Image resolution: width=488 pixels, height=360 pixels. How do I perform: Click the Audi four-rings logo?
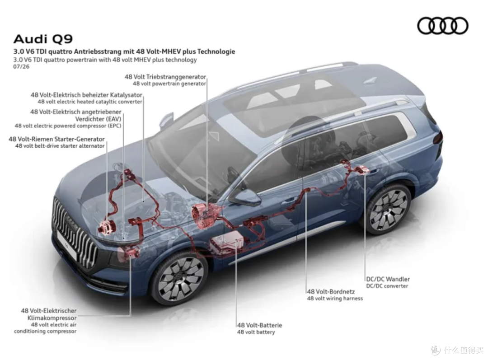(442, 25)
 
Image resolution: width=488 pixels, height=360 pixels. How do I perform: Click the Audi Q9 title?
(43, 39)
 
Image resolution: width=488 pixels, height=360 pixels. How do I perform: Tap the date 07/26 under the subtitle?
(21, 66)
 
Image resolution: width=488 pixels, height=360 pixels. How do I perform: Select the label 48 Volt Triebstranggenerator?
(165, 77)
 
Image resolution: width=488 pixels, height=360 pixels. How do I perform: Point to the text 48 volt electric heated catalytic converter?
(90, 102)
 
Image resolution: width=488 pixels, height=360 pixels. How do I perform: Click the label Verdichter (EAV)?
(99, 119)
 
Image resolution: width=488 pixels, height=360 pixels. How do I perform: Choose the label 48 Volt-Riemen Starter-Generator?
(56, 139)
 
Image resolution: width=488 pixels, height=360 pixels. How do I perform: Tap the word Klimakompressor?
(52, 318)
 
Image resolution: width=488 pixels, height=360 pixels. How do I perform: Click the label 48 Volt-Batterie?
(259, 325)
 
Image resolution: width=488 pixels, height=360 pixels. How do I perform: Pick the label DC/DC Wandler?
(388, 279)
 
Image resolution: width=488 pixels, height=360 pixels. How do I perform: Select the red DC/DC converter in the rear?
(361, 170)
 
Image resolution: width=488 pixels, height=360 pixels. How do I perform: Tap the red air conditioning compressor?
(131, 252)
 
